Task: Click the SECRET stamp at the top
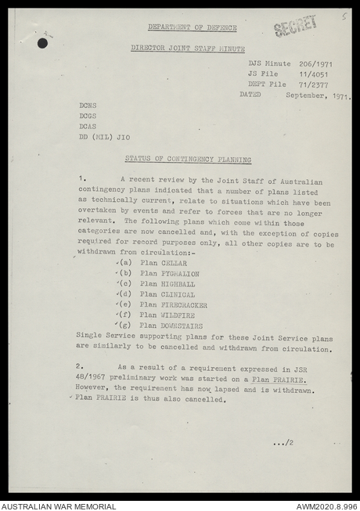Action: pyautogui.click(x=296, y=26)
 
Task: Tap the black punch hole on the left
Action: pyautogui.click(x=42, y=43)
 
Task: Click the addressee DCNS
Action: pyautogui.click(x=88, y=105)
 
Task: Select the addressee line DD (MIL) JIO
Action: pyautogui.click(x=104, y=137)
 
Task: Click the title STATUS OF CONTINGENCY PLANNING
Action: pyautogui.click(x=188, y=160)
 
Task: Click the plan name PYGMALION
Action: pyautogui.click(x=180, y=274)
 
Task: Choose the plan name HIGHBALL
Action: pyautogui.click(x=178, y=284)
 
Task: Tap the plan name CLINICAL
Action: pyautogui.click(x=178, y=294)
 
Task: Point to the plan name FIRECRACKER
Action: pyautogui.click(x=184, y=304)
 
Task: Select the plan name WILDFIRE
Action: pyautogui.click(x=178, y=315)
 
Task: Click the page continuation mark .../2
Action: pyautogui.click(x=283, y=443)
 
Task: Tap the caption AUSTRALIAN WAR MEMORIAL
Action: pyautogui.click(x=59, y=506)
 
